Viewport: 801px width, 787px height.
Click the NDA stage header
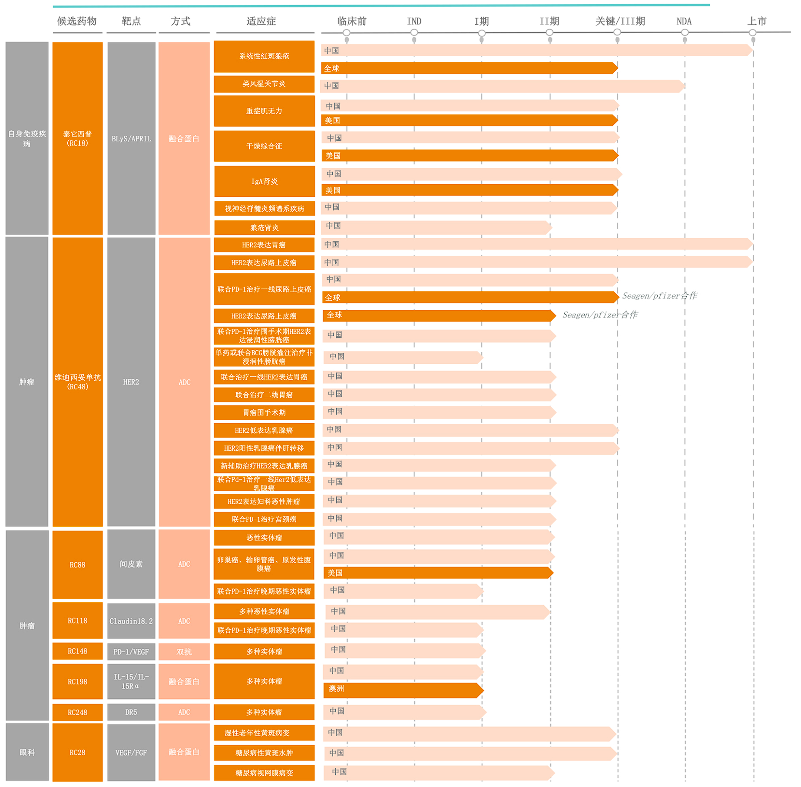coord(684,21)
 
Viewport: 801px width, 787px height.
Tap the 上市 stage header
coord(756,21)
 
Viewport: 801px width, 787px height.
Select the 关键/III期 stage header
coord(619,21)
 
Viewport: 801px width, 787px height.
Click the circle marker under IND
coord(414,33)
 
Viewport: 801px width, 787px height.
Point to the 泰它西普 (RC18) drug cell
coord(77,138)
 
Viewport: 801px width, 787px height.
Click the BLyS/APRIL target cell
coord(131,138)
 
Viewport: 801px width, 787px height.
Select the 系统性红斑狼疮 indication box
coord(264,56)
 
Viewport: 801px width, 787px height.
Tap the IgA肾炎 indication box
coord(264,181)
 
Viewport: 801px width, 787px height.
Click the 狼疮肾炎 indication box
coord(264,227)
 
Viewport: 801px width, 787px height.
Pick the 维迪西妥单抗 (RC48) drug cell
coord(77,382)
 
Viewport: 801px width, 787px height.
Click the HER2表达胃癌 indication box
coord(264,245)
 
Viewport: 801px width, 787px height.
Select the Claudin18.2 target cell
coord(131,621)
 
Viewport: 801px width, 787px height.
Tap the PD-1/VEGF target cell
coord(131,651)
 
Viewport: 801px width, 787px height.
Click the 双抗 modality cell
coord(184,651)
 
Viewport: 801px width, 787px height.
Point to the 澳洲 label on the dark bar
coord(336,689)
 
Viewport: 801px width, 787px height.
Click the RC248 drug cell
coord(77,712)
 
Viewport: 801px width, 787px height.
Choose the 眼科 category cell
coord(27,752)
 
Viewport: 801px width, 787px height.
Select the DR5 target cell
coord(131,712)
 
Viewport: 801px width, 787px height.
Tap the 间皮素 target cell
coord(131,564)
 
